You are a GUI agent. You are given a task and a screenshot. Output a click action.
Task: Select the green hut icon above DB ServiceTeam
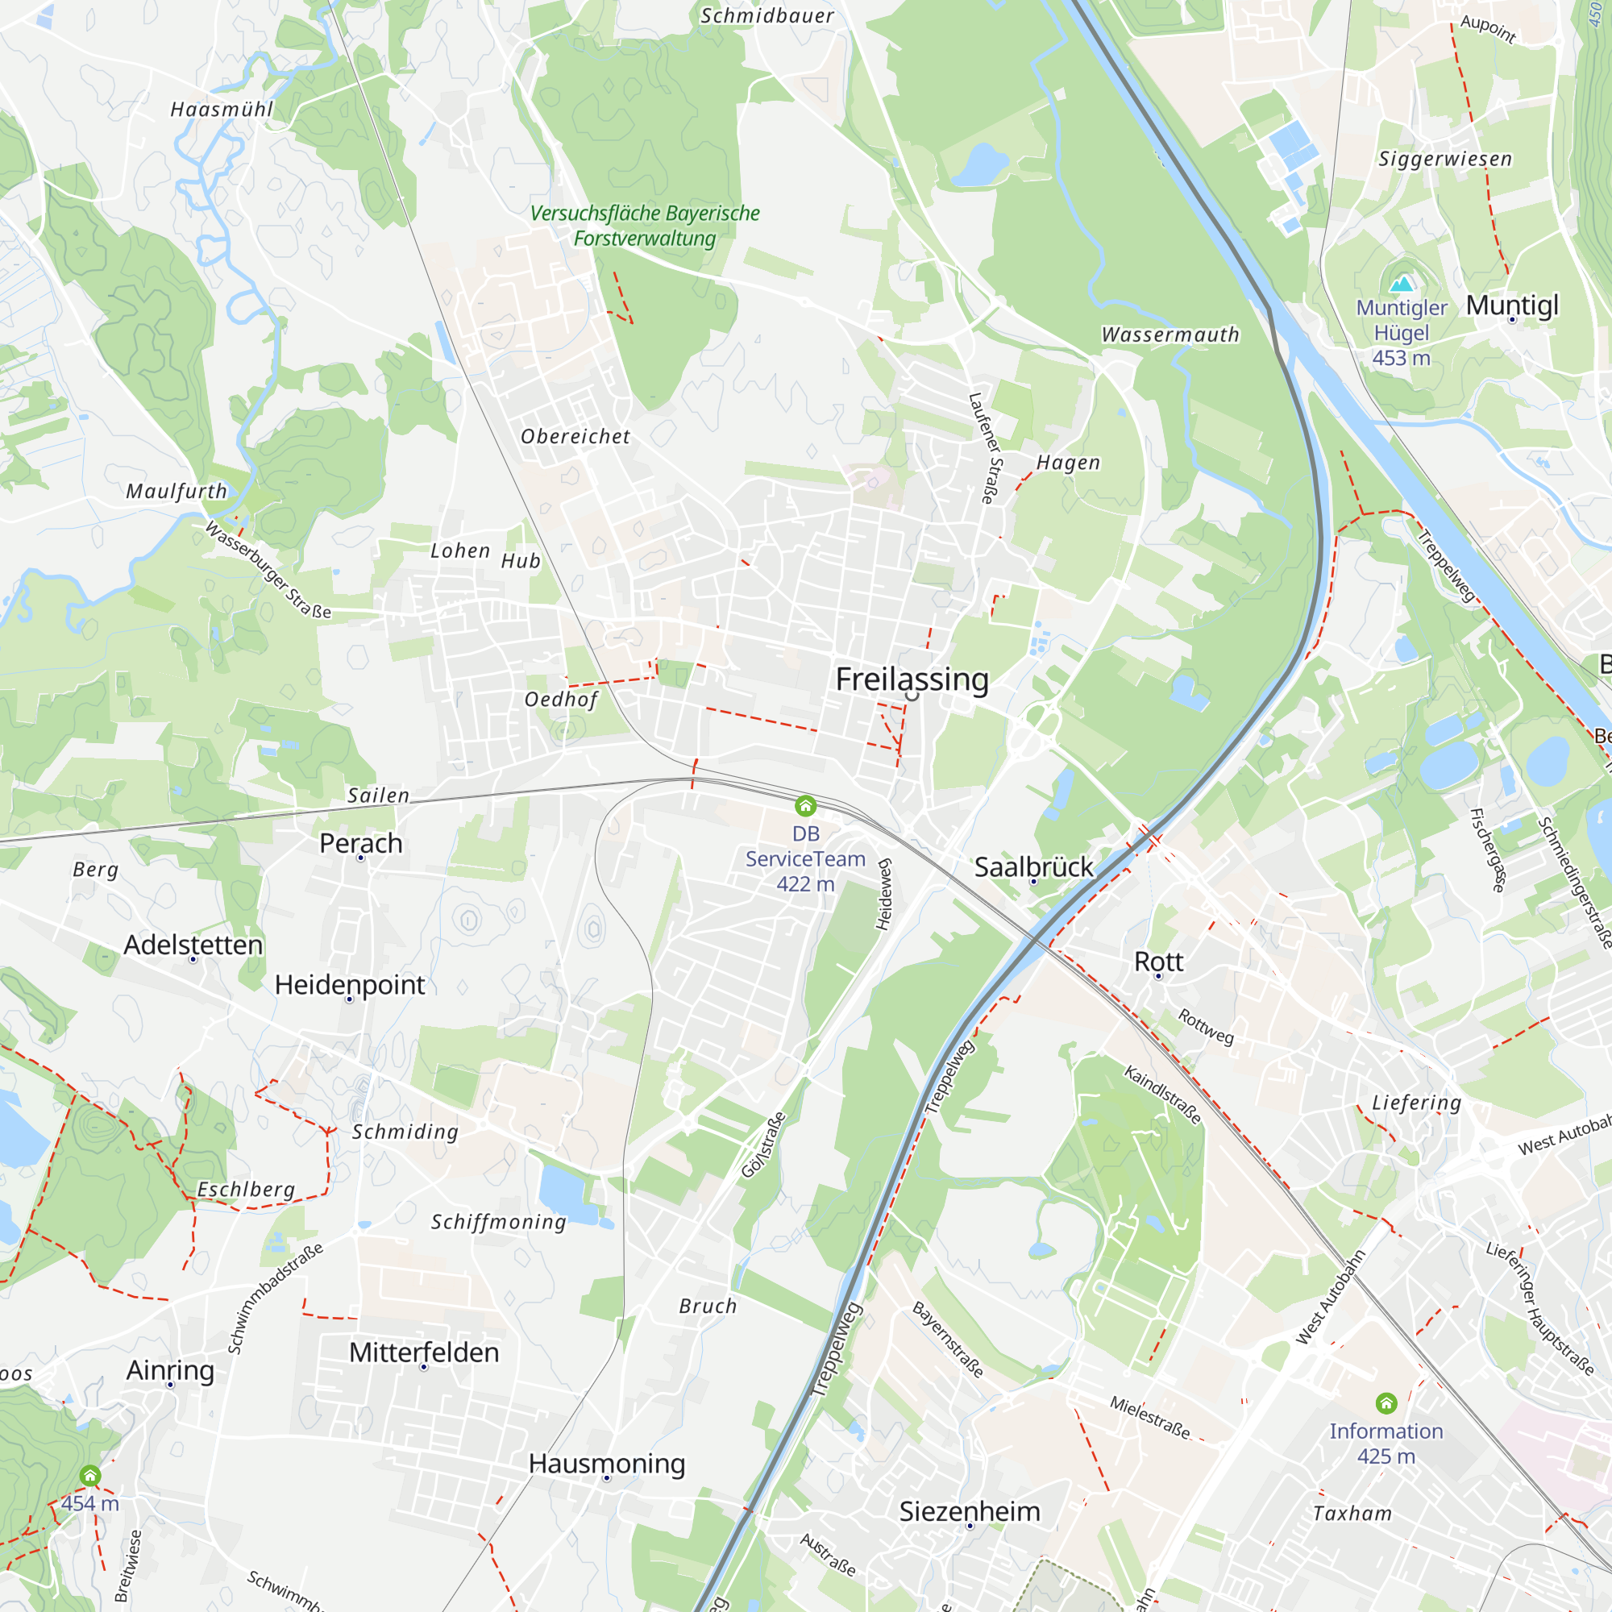[805, 805]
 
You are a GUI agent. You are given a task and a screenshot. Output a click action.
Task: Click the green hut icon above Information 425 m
[1386, 1402]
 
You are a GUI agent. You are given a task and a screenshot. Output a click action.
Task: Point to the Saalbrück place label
[1033, 867]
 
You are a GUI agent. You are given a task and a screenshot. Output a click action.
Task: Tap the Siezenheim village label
[970, 1511]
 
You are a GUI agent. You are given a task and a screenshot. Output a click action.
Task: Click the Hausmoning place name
[607, 1463]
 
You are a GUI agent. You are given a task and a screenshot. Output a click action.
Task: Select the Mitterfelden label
[424, 1352]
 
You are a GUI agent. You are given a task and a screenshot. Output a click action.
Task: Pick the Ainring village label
[170, 1369]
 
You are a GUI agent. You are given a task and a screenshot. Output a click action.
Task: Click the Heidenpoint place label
[350, 985]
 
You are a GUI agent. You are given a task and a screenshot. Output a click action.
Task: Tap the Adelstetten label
[193, 945]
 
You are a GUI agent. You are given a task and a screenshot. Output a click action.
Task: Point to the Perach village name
[360, 843]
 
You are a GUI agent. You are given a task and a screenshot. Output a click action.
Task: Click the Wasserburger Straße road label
[268, 570]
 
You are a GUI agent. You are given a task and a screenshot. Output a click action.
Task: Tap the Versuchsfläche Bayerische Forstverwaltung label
[644, 226]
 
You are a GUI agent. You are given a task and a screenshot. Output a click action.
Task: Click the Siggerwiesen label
[1444, 159]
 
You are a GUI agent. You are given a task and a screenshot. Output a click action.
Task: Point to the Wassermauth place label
[1170, 334]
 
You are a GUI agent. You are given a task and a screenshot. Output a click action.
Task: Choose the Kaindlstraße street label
[1162, 1095]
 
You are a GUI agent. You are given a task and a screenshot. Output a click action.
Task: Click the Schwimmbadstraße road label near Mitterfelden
[275, 1298]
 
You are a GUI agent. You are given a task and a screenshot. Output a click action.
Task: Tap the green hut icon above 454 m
[90, 1475]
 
